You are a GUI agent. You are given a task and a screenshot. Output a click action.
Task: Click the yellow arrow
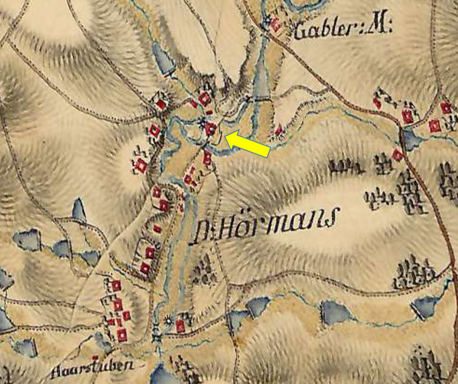pos(249,143)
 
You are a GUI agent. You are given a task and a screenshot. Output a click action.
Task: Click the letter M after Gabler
pos(378,28)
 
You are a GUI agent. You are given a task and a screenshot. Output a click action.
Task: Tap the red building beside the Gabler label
pos(276,27)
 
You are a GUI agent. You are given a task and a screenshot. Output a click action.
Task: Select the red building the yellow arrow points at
pos(211,129)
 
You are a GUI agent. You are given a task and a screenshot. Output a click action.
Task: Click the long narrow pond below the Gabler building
pos(260,72)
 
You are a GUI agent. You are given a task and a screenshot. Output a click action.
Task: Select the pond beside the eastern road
pos(411,138)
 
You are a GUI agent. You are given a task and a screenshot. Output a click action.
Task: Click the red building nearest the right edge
pos(446,108)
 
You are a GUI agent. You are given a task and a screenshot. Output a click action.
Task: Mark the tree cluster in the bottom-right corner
pos(427,362)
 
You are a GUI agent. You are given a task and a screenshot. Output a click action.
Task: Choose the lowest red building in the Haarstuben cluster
pos(122,334)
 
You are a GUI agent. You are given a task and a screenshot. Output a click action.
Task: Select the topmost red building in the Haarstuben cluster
pos(114,285)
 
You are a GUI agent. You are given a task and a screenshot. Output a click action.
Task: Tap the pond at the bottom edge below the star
pos(160,374)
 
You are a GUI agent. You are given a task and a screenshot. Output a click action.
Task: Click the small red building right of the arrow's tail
pos(279,131)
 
